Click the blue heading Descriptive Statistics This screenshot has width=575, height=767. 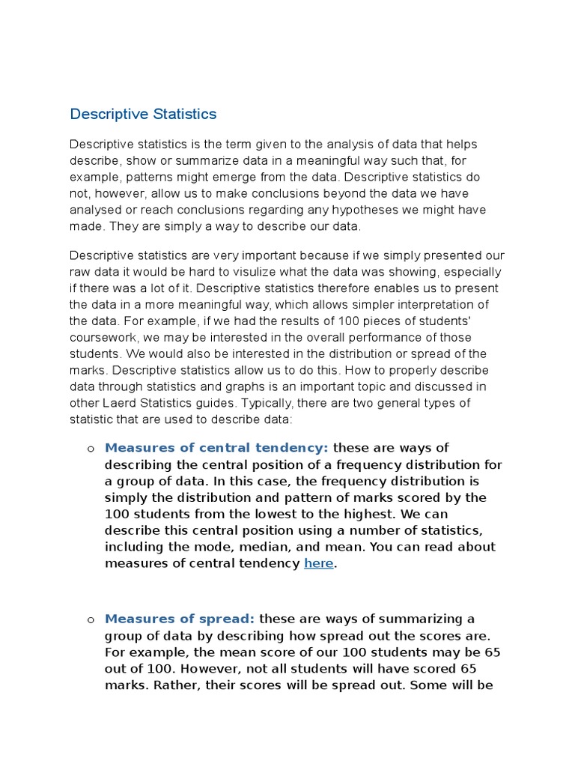[143, 115]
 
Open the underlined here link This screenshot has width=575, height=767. [318, 563]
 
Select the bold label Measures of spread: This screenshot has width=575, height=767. [180, 619]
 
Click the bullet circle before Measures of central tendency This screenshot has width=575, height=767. [90, 449]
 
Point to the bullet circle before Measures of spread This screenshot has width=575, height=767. [90, 619]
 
